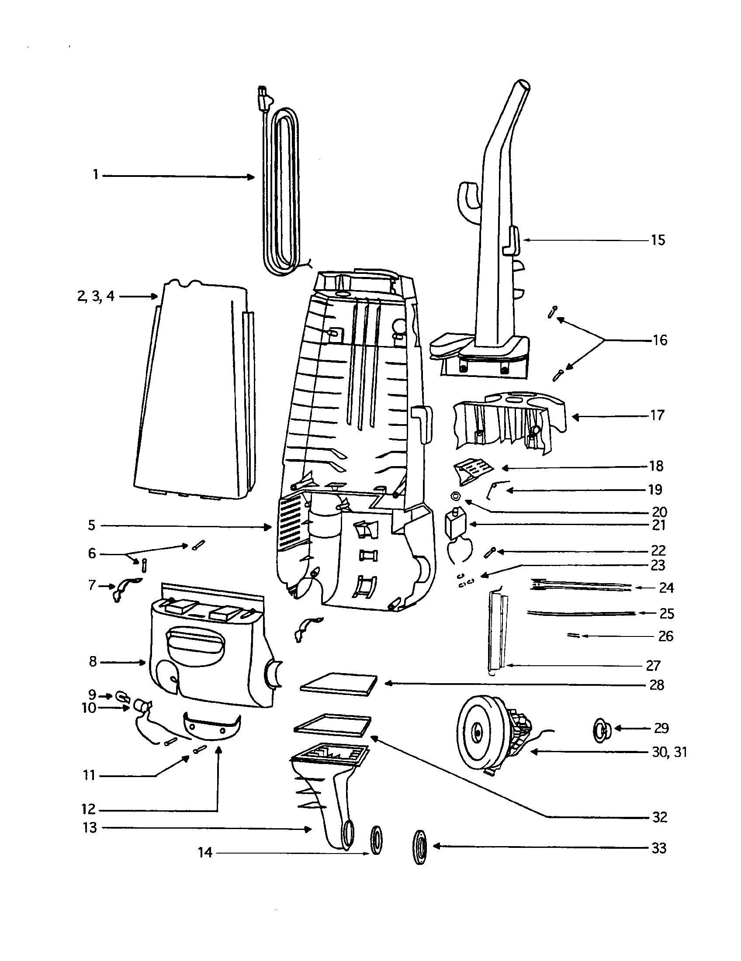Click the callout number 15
point(658,240)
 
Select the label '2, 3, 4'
point(96,296)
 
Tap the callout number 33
point(659,848)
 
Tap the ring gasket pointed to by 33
point(420,847)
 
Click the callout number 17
point(657,415)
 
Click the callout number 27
point(653,665)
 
